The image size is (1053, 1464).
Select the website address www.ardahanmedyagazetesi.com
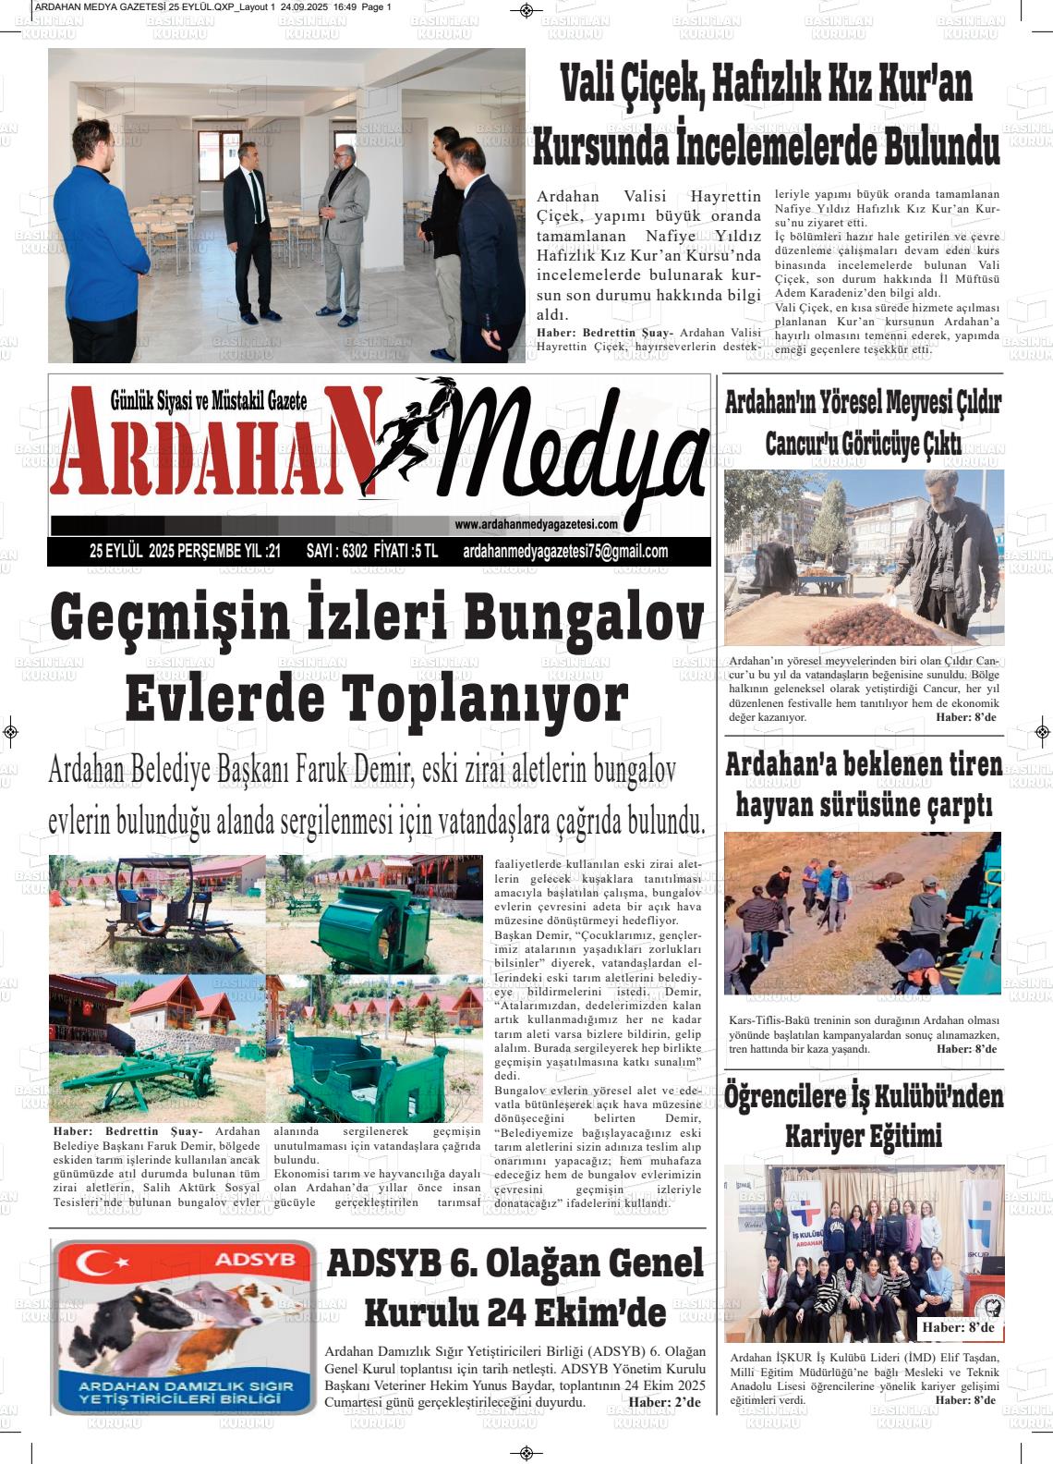[x=536, y=525]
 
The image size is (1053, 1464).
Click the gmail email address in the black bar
[x=564, y=552]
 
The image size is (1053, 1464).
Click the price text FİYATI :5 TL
[x=405, y=552]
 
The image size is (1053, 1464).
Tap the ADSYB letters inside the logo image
[x=241, y=1259]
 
